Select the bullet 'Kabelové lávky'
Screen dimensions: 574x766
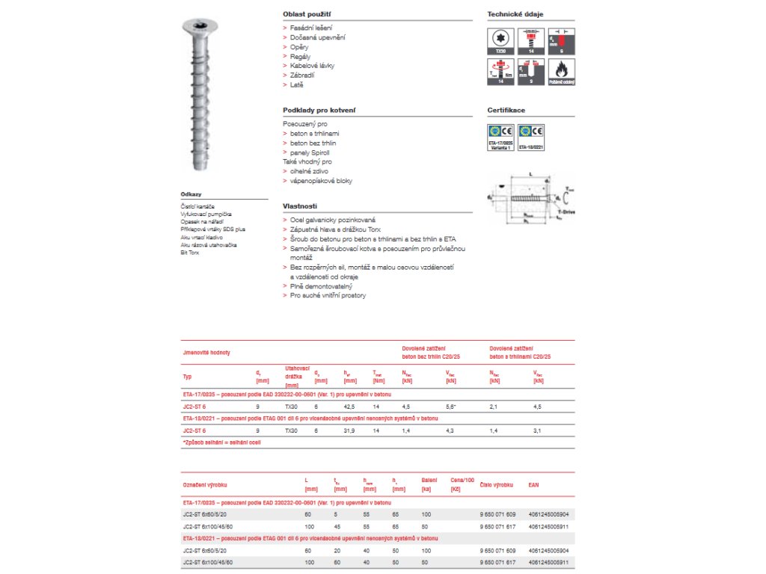click(312, 66)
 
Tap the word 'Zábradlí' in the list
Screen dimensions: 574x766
click(302, 75)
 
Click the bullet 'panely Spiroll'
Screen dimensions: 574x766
click(310, 152)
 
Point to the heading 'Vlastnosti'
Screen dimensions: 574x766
click(300, 206)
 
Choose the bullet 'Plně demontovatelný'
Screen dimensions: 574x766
click(321, 286)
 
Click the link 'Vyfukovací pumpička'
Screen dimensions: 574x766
click(206, 214)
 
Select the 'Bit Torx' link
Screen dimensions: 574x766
click(190, 253)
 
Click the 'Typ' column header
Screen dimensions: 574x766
click(188, 377)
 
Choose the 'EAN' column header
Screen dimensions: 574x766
click(533, 485)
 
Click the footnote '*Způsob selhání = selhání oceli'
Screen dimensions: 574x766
click(221, 442)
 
